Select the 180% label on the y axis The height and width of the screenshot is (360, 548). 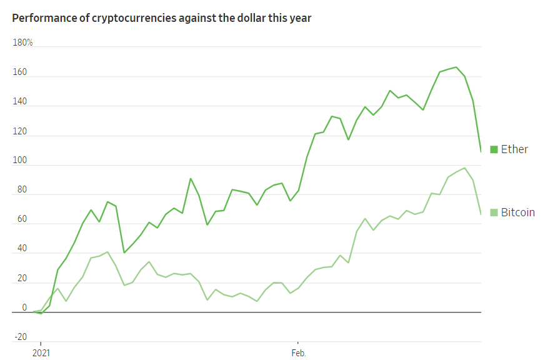click(22, 42)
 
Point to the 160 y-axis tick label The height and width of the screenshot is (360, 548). click(20, 72)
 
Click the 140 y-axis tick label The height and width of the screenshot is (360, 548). click(20, 102)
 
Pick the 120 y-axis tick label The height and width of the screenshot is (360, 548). click(20, 131)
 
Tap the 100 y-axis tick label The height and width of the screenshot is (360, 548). click(20, 161)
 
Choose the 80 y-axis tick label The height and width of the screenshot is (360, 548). click(22, 190)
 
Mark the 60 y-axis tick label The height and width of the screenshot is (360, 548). click(22, 219)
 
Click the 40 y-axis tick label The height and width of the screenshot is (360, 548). click(22, 249)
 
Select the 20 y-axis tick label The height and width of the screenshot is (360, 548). click(22, 278)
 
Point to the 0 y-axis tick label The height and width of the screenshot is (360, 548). click(24, 307)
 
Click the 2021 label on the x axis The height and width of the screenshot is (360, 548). click(41, 352)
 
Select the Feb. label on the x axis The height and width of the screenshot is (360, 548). click(298, 352)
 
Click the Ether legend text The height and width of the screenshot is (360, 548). click(514, 149)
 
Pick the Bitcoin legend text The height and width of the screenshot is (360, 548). click(518, 212)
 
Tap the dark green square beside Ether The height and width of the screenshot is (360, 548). click(494, 149)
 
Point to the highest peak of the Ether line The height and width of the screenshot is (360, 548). click(456, 67)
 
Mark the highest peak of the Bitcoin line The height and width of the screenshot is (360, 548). click(464, 167)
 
